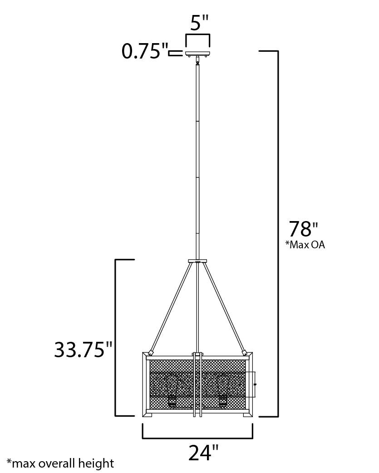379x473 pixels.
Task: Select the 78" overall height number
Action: [304, 229]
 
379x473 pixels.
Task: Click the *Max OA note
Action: [305, 244]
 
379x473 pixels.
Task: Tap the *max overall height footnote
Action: [60, 463]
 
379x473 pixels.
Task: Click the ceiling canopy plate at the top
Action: [197, 54]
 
